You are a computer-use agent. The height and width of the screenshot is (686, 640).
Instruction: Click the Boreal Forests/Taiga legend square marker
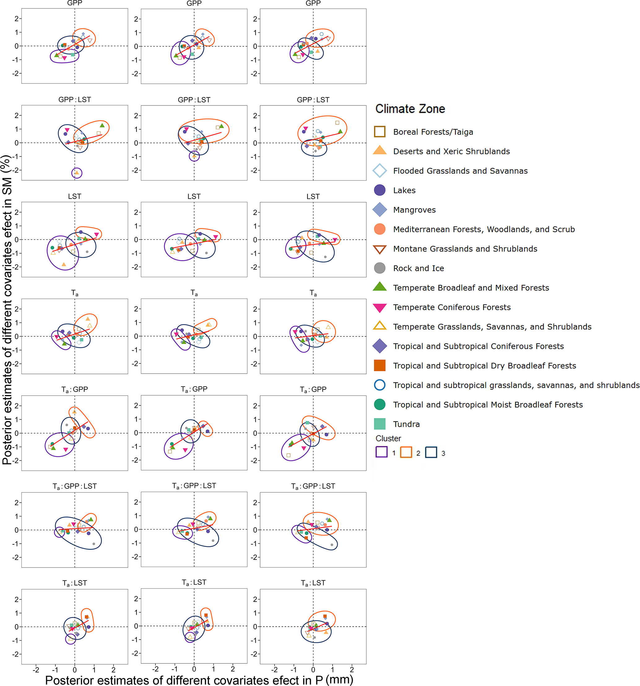(380, 131)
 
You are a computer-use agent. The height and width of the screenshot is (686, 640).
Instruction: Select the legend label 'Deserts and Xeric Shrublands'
(451, 151)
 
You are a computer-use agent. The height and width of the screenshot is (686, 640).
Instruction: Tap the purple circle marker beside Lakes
(380, 190)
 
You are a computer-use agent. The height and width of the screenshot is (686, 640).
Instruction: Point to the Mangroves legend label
(414, 210)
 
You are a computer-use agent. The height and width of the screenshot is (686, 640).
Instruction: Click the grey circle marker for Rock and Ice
(380, 268)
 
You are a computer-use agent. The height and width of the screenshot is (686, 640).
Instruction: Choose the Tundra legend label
(406, 424)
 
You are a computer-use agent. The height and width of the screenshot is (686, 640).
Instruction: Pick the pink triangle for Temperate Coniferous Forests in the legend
(380, 307)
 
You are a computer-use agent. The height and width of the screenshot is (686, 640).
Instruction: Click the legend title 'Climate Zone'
(410, 109)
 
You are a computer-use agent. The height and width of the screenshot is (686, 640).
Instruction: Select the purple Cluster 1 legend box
(381, 452)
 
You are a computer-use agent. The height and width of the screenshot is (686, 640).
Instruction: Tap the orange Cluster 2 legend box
(406, 452)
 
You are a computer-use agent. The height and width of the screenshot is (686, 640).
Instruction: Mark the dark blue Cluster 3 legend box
(431, 452)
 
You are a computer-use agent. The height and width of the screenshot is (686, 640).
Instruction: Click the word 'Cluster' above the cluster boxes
(388, 439)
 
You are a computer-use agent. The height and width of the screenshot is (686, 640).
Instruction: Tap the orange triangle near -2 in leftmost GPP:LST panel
(77, 173)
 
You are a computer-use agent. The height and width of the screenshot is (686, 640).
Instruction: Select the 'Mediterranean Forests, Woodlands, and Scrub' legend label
(484, 229)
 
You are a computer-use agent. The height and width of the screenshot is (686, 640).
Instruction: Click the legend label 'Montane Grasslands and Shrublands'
(465, 249)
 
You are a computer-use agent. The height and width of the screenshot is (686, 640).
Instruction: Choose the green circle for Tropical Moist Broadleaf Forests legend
(380, 405)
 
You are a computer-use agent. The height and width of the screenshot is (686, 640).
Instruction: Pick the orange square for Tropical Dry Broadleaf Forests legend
(380, 366)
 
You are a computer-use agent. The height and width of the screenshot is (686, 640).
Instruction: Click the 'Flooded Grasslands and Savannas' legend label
(460, 171)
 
